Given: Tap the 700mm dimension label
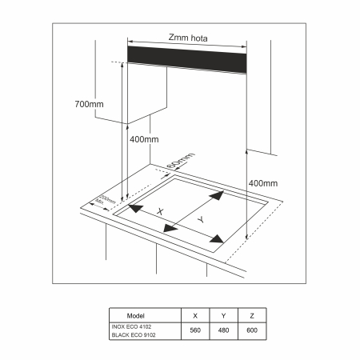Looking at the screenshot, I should click(x=89, y=105).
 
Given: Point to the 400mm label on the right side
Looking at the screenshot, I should click(x=263, y=183).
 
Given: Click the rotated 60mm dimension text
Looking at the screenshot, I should click(x=180, y=159).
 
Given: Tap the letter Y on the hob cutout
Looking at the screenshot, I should click(x=201, y=218).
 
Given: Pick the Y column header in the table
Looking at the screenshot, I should click(x=223, y=315).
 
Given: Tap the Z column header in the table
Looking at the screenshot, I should click(x=252, y=315).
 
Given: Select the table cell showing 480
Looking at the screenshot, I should click(x=223, y=330).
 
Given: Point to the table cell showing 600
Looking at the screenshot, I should click(x=252, y=330).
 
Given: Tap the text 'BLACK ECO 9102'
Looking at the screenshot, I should click(x=133, y=334).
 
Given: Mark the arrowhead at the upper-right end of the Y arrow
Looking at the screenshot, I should click(x=218, y=196).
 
